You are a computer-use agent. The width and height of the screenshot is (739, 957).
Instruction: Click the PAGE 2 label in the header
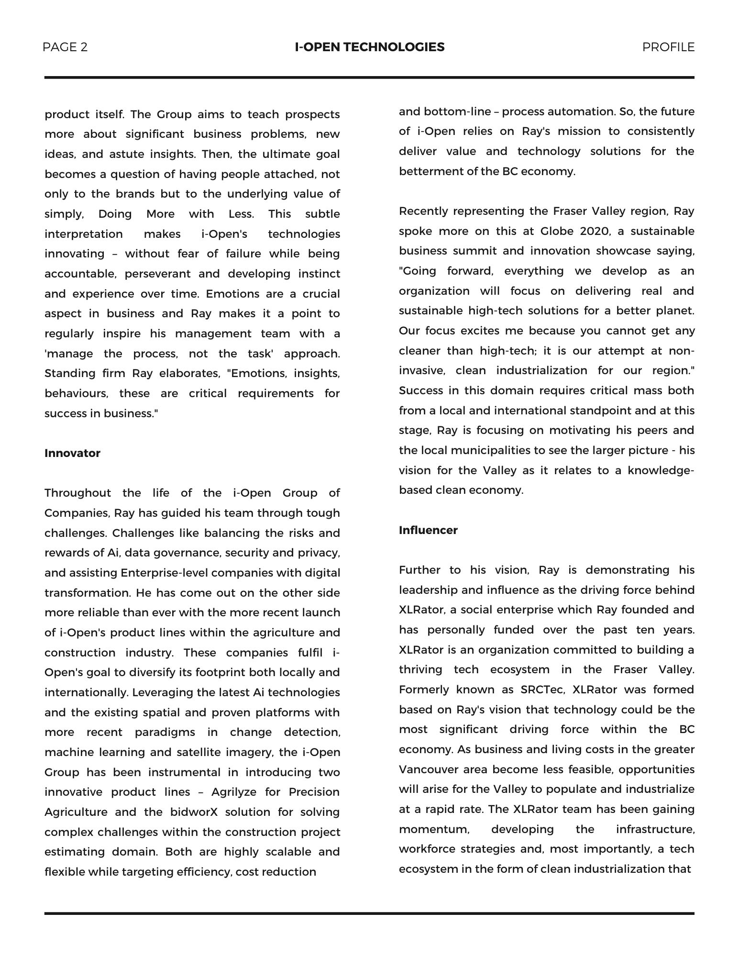pos(65,47)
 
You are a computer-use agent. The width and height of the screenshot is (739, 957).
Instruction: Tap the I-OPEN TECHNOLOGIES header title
pos(369,47)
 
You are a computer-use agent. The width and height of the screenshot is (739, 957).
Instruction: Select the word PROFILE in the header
pos(668,47)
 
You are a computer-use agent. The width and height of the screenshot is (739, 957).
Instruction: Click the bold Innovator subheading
pos(72,453)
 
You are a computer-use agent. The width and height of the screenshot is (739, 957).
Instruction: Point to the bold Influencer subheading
pos(428,530)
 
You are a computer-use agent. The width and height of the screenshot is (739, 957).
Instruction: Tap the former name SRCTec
pos(541,690)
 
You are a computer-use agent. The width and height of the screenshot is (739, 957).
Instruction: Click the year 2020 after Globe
pos(595,231)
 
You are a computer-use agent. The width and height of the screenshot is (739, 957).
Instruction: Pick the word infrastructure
pos(655,829)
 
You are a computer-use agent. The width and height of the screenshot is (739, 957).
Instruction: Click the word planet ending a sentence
pos(675,311)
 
